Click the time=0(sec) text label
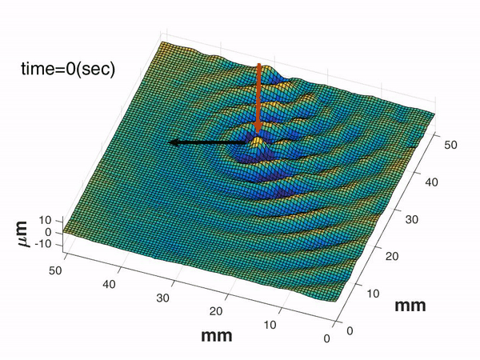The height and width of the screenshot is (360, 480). [x=68, y=70]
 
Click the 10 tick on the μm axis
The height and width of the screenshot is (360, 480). [x=46, y=219]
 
